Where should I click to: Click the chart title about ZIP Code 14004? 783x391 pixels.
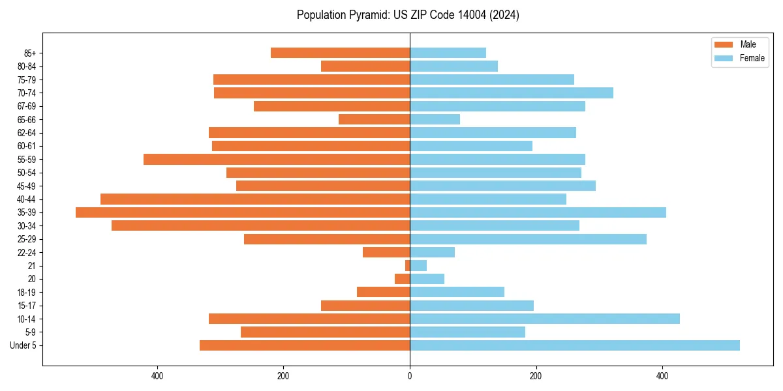(x=408, y=15)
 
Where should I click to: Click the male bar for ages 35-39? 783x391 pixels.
(x=243, y=212)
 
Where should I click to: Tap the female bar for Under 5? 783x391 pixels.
(x=574, y=345)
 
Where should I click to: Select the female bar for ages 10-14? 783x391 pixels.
(x=544, y=319)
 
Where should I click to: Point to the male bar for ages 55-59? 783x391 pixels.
(x=277, y=159)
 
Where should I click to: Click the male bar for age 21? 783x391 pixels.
(x=407, y=266)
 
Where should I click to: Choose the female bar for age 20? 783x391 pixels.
(x=427, y=279)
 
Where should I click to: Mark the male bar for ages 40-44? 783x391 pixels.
(x=255, y=199)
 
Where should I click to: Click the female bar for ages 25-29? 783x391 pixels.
(x=528, y=239)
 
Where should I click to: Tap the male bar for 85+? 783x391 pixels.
(x=340, y=53)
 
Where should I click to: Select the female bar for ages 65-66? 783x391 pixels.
(x=435, y=119)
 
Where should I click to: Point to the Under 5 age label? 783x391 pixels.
(x=23, y=345)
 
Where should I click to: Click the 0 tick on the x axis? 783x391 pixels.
(x=410, y=376)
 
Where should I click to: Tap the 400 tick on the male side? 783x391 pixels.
(x=157, y=376)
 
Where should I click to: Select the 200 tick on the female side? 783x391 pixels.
(x=536, y=376)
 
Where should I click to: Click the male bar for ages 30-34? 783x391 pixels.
(x=260, y=225)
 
